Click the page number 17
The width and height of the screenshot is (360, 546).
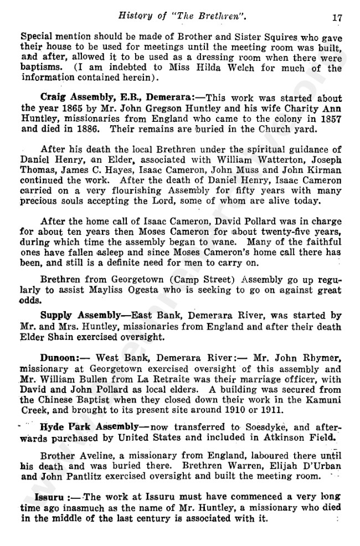337,17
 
